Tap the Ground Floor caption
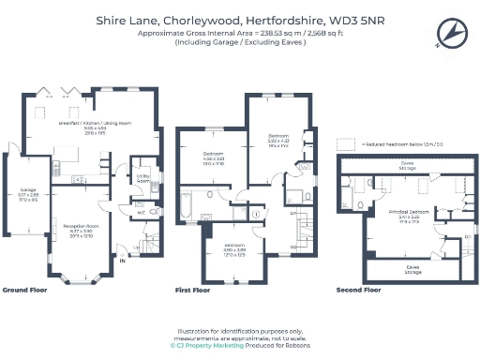pos(25,291)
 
